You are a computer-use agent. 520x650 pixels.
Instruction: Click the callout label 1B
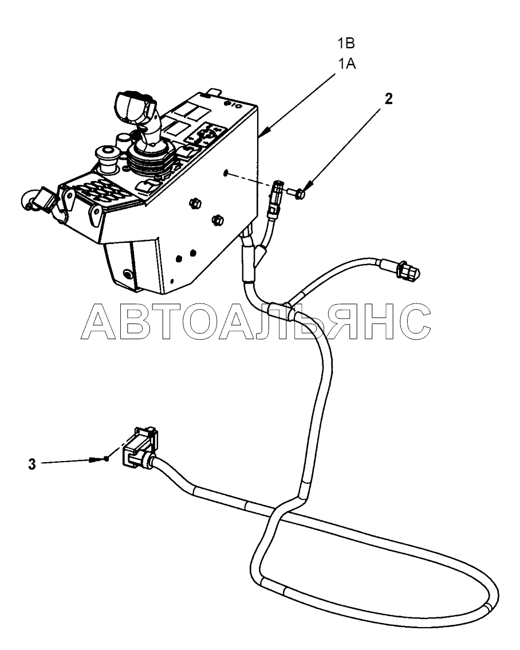tap(346, 43)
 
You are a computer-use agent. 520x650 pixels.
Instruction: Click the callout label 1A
tap(347, 64)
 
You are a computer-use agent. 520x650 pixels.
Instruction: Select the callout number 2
tap(388, 99)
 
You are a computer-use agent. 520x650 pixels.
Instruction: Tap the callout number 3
tap(32, 464)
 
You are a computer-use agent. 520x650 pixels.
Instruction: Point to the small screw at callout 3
tap(100, 459)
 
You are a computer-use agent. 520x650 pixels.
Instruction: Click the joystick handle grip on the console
tap(134, 105)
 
